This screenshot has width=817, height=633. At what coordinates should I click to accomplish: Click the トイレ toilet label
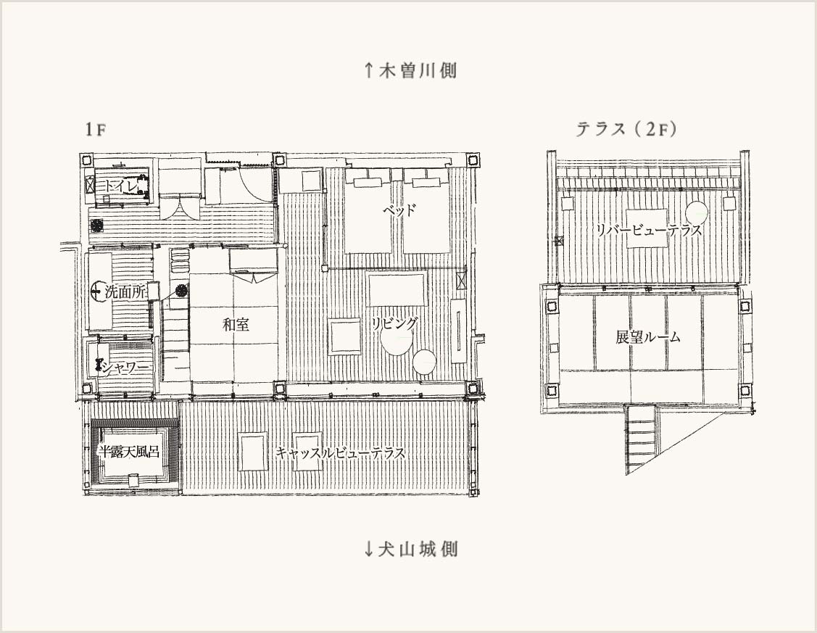coord(121,186)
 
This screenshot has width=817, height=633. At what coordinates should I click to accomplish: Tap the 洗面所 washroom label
coord(125,291)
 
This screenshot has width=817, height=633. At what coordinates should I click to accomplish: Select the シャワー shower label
coord(125,368)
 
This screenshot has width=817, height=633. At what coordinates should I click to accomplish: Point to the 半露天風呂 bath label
coord(129,452)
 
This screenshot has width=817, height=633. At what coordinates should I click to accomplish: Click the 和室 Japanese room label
coord(236,325)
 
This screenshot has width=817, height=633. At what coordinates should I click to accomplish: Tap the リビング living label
coord(394,323)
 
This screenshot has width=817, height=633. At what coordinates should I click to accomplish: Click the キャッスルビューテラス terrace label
coord(340,452)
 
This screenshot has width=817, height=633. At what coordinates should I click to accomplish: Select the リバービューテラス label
coord(648,230)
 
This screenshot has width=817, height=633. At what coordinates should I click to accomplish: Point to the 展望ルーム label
coord(648,337)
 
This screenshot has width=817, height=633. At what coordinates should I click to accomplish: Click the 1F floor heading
coord(96,129)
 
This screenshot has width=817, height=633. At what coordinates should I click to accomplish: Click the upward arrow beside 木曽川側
coord(368,70)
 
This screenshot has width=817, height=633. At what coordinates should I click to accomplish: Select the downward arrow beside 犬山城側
coord(368,549)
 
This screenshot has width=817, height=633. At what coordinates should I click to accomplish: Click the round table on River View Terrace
coord(696,213)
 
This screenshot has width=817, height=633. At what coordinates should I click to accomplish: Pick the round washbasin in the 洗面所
coord(98,291)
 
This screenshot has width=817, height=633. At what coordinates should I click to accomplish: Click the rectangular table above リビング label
coord(397,289)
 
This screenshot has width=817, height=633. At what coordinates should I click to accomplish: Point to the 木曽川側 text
coord(418,70)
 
